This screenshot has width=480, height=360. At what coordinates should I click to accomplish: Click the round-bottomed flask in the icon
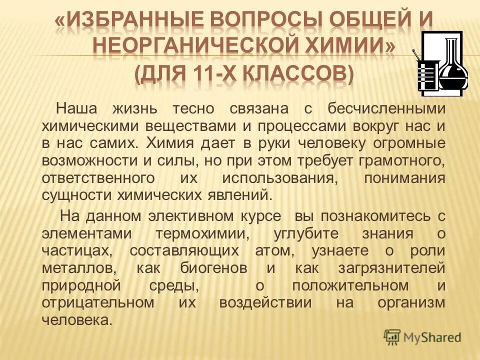[452, 67]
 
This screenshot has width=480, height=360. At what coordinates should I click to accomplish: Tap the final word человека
[77, 320]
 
